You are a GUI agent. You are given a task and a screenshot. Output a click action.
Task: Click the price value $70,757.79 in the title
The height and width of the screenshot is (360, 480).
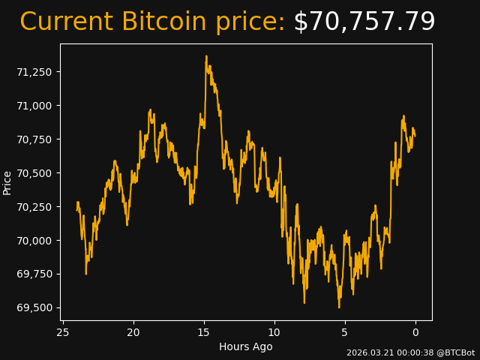click(364, 22)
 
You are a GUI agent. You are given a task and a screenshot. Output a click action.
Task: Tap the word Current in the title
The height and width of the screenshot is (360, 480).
click(67, 22)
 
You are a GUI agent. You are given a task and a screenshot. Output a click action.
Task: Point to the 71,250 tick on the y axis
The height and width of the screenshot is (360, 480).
click(35, 72)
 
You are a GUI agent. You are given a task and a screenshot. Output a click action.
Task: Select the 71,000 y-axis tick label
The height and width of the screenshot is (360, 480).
click(35, 106)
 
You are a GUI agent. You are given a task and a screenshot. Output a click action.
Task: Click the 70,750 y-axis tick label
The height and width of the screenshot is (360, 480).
click(35, 139)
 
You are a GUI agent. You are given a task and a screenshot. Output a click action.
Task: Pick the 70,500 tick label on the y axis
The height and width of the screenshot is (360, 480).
click(35, 173)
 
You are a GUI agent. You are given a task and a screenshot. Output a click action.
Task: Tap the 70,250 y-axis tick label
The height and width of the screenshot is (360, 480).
click(35, 207)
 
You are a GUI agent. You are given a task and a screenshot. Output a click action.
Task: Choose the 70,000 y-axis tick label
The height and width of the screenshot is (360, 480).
click(35, 241)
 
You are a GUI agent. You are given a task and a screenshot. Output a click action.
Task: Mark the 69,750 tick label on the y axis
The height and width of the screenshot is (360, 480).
click(35, 274)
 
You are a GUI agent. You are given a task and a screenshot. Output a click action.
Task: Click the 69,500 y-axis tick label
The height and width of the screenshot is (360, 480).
click(35, 308)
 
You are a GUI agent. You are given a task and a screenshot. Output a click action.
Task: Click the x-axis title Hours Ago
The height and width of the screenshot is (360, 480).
click(245, 346)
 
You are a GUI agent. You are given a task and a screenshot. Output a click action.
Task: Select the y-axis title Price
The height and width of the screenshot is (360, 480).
click(7, 182)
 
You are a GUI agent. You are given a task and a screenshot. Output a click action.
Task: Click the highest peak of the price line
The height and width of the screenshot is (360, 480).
click(206, 56)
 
